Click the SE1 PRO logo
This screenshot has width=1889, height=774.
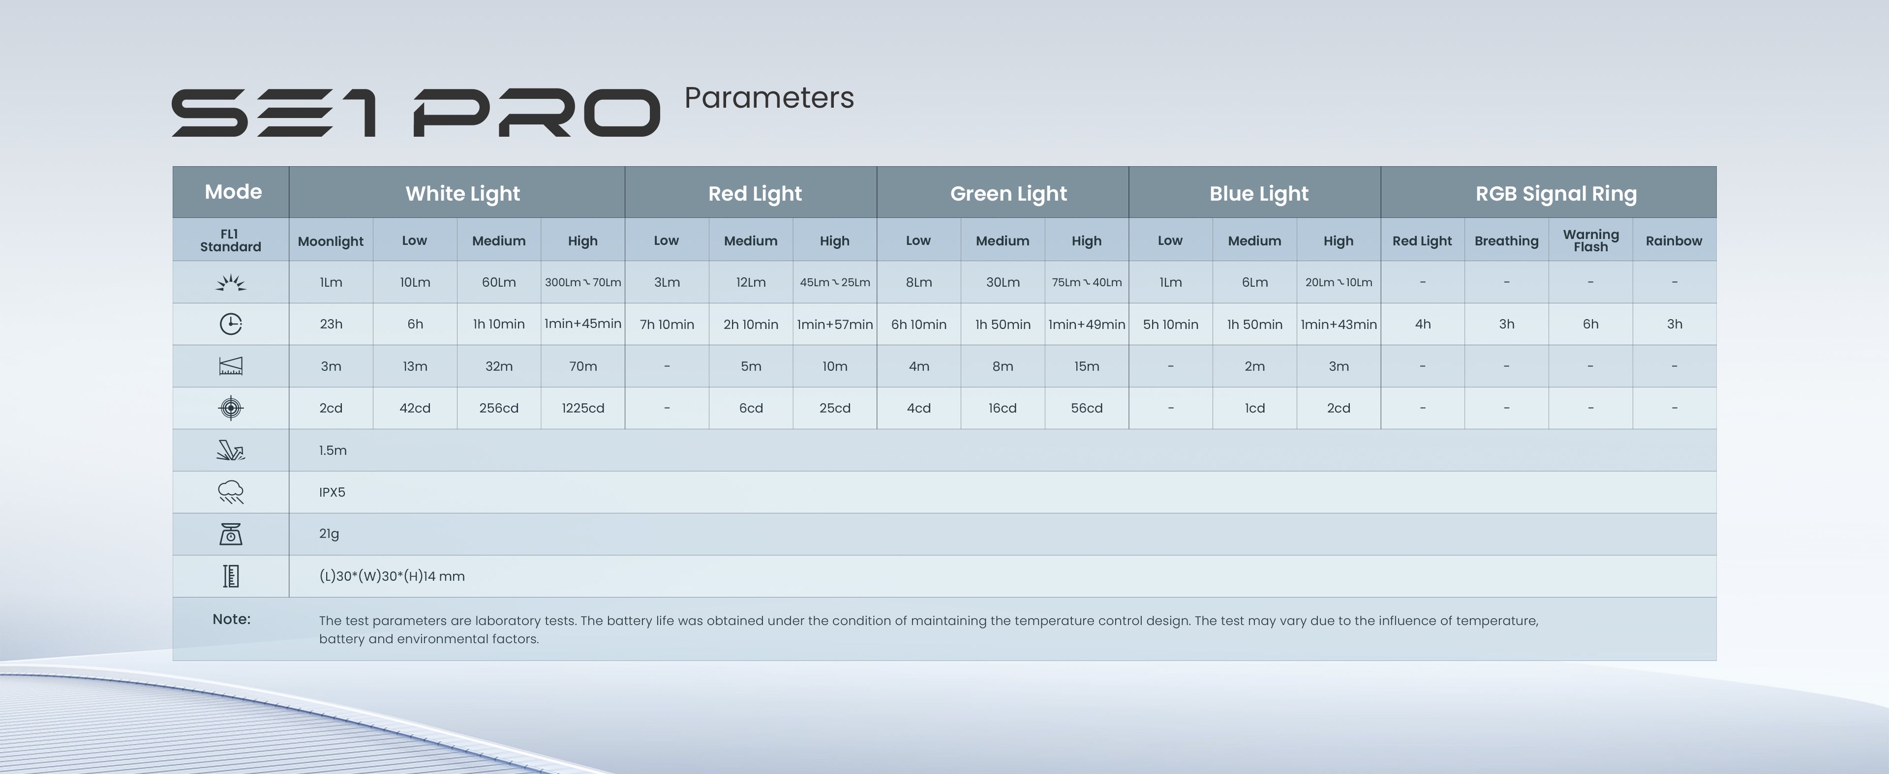coord(416,113)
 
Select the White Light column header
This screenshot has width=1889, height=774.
coord(463,194)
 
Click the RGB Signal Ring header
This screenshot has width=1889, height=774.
coord(1556,194)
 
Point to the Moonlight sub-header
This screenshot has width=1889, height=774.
coord(331,241)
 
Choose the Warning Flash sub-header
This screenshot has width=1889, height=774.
coord(1590,240)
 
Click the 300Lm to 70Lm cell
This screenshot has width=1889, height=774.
coord(583,282)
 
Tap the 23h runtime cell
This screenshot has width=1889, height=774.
coord(331,324)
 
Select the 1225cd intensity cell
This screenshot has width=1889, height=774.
coord(583,408)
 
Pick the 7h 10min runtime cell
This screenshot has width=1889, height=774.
coord(667,324)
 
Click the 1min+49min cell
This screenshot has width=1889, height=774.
coord(1087,324)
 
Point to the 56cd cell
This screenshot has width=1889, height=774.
coord(1087,408)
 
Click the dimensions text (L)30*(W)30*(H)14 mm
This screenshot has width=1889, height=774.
coord(392,576)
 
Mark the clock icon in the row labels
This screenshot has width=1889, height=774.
coord(231,324)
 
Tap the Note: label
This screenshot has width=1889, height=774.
coord(232,619)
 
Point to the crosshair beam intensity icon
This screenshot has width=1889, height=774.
coord(231,408)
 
